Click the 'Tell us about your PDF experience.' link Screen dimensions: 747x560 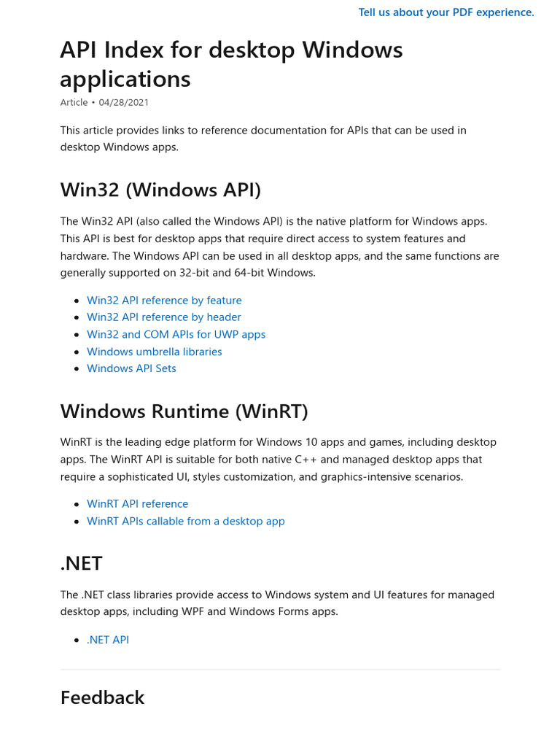click(446, 12)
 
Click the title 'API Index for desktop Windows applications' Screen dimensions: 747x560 click(231, 64)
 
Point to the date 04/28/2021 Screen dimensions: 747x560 click(124, 103)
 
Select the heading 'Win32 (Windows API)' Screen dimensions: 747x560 click(160, 190)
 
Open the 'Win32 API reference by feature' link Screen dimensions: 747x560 click(164, 301)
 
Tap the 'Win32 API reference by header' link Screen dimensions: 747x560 click(164, 317)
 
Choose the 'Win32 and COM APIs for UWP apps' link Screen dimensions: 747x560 click(176, 335)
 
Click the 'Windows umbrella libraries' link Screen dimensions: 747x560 click(155, 352)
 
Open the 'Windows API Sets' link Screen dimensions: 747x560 click(131, 368)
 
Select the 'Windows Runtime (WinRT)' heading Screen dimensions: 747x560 click(184, 411)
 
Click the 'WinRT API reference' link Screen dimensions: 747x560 click(137, 504)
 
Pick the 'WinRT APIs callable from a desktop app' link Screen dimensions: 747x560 click(185, 522)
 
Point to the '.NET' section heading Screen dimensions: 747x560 click(81, 564)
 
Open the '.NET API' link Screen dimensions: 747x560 click(108, 640)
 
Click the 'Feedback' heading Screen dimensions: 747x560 click(102, 698)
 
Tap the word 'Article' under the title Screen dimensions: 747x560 click(74, 103)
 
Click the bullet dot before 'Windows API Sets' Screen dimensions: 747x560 click(77, 369)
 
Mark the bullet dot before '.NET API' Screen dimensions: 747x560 click(77, 640)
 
